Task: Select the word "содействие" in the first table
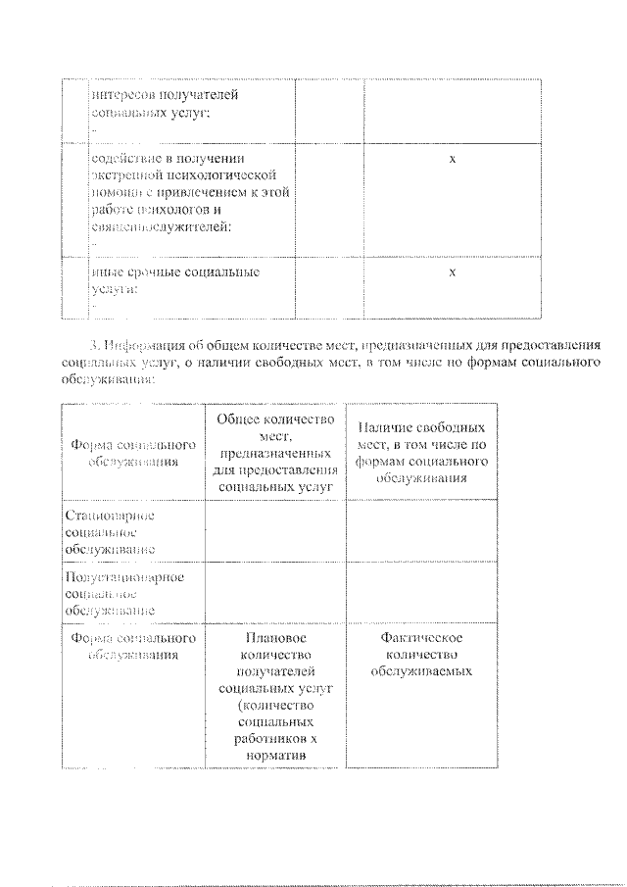124,158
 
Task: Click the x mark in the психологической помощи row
452,158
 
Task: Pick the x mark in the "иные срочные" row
452,271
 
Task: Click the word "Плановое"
274,638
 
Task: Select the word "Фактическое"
421,638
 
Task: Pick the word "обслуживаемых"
421,671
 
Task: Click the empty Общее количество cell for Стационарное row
274,530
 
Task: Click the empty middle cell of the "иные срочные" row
328,287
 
